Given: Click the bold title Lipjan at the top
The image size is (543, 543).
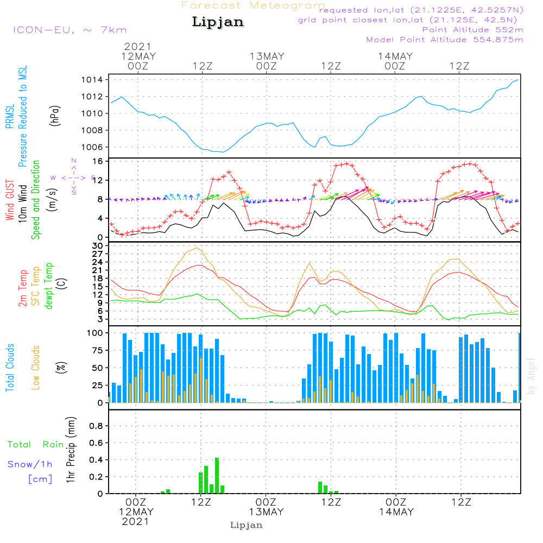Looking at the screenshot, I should (x=218, y=22).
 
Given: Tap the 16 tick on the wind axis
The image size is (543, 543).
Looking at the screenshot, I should (x=98, y=161).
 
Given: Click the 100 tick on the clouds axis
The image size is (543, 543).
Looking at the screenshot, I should (x=96, y=332).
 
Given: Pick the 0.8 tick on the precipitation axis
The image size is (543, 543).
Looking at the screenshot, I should (x=96, y=426).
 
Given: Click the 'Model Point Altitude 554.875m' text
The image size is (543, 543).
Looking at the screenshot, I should (x=444, y=40).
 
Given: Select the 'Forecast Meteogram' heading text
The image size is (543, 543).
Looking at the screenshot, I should (x=253, y=5).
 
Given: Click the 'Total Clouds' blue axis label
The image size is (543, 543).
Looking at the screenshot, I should (x=10, y=368).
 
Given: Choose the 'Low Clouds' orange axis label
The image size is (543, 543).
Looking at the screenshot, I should (x=36, y=368).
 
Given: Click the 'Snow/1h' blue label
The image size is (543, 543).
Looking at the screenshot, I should (x=30, y=464).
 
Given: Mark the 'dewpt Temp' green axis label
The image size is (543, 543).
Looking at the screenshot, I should (x=49, y=286).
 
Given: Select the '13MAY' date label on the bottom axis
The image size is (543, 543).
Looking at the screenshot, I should (x=266, y=512).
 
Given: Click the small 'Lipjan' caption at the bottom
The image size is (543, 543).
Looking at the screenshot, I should (x=247, y=525).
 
